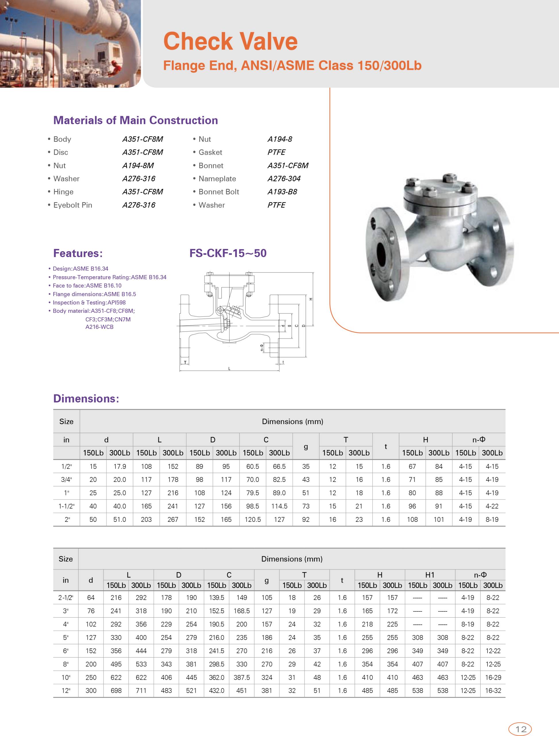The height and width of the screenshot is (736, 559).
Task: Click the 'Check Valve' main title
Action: pyautogui.click(x=230, y=41)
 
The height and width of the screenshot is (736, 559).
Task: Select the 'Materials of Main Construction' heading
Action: pyautogui.click(x=135, y=120)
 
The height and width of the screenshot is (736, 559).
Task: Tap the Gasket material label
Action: pyautogui.click(x=210, y=152)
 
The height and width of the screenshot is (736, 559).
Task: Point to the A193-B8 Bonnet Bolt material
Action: pyautogui.click(x=282, y=192)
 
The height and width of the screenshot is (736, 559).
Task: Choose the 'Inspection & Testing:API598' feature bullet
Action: pyautogui.click(x=89, y=302)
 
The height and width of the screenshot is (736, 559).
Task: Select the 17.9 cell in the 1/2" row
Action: pyautogui.click(x=119, y=467)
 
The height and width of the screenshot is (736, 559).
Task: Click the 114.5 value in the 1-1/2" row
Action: pyautogui.click(x=279, y=506)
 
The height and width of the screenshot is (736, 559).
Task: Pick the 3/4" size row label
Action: pyautogui.click(x=66, y=480)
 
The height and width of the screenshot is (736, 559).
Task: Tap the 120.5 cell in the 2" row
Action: pyautogui.click(x=252, y=520)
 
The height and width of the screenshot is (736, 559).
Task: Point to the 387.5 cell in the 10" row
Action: pyautogui.click(x=242, y=677)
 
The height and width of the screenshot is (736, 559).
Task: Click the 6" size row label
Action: pyautogui.click(x=65, y=651)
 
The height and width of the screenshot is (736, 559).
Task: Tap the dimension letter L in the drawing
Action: pyautogui.click(x=229, y=369)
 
